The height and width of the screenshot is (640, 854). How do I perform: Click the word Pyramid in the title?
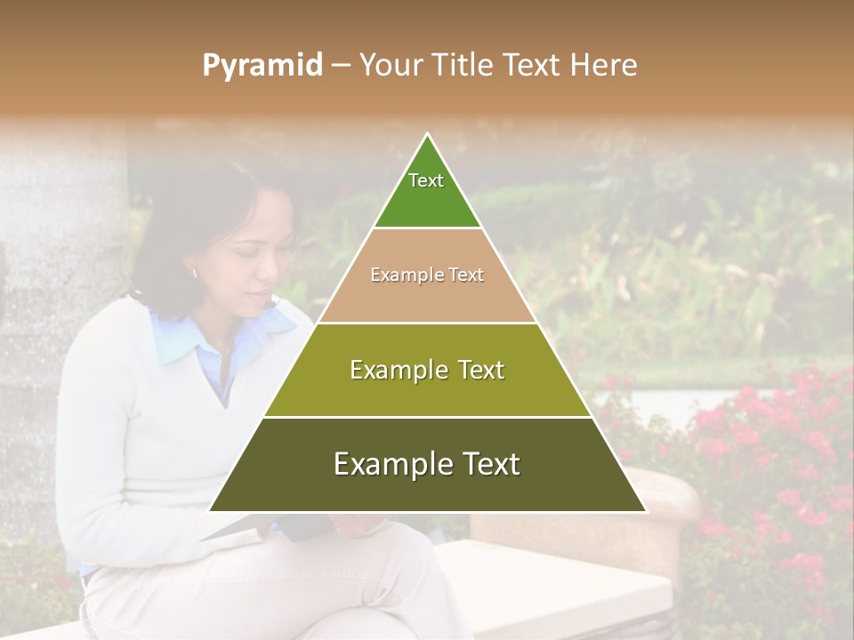[x=262, y=65]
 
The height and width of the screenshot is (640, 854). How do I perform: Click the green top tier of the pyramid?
[x=427, y=191]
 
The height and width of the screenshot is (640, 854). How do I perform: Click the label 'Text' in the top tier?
[x=426, y=180]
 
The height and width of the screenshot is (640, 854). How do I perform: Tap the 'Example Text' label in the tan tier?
[x=427, y=275]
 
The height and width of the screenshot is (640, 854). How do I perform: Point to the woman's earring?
[x=195, y=272]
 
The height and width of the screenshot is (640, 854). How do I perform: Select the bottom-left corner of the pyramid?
[x=211, y=511]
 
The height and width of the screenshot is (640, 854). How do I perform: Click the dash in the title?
[x=340, y=65]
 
